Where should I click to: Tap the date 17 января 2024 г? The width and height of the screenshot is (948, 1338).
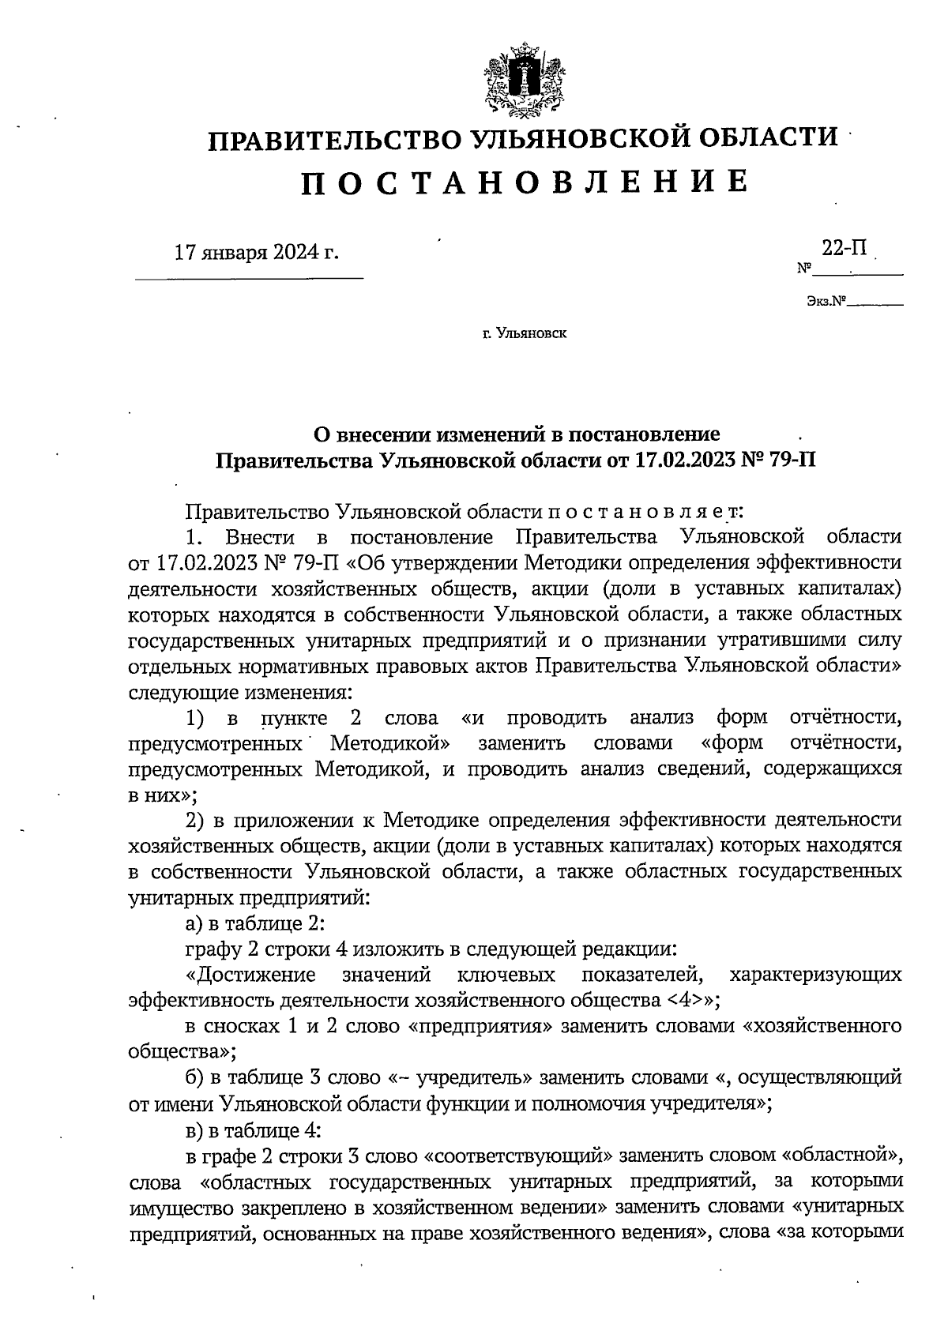click(x=256, y=253)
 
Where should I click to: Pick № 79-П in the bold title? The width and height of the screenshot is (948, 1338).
click(x=777, y=459)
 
